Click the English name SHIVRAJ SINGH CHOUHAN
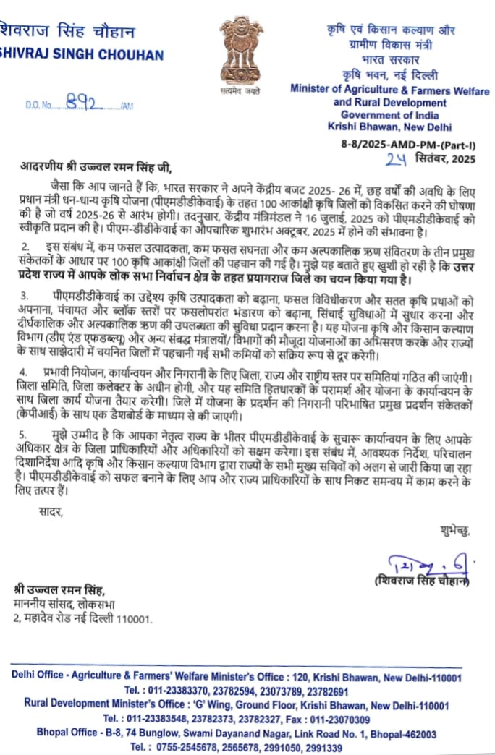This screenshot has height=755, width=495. point(81,55)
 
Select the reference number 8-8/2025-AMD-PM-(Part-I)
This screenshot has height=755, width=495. point(413,145)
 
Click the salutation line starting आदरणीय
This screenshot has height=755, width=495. point(96,169)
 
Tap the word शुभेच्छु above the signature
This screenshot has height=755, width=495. point(454,532)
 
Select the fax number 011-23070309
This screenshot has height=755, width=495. point(337,720)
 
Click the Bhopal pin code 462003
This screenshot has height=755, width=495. point(416,733)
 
